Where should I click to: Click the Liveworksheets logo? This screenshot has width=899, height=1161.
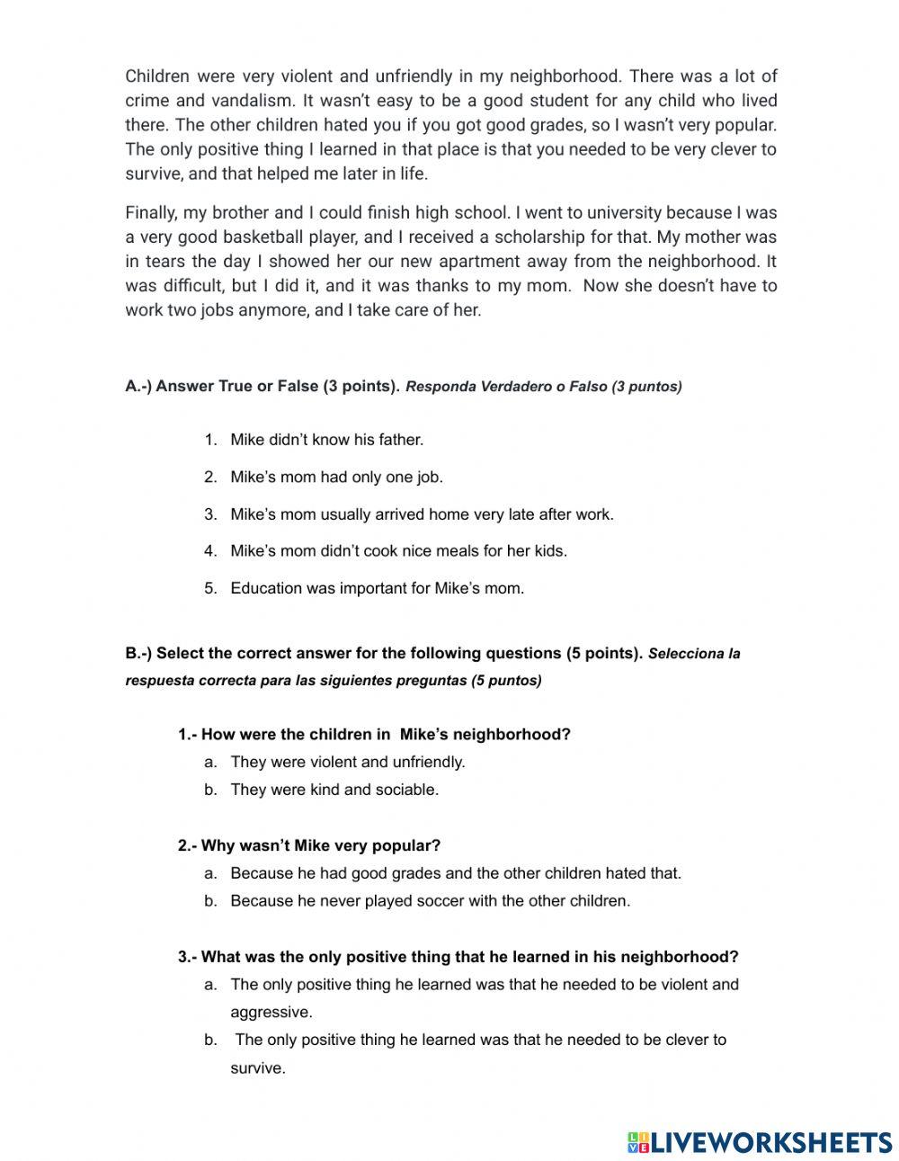pos(760,1142)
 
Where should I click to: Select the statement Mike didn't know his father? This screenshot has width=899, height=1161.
pos(326,440)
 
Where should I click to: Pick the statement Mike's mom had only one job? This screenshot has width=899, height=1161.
pos(336,478)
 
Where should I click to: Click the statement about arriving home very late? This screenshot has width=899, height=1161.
pos(422,514)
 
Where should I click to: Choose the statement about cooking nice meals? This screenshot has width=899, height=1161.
pos(398,550)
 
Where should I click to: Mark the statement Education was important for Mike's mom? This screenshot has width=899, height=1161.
pos(377,588)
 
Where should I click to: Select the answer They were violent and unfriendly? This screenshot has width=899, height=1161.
pos(347,762)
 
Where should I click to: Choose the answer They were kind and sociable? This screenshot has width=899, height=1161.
pos(334,790)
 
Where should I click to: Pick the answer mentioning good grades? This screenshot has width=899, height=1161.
pos(456,872)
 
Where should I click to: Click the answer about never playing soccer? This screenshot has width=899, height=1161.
pos(430,900)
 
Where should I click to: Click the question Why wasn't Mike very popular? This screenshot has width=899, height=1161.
pos(309,845)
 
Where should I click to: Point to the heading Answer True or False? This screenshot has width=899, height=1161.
pos(262,387)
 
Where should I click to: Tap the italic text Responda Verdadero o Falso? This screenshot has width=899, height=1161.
pos(544,387)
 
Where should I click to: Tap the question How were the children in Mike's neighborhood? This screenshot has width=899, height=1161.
pos(374,734)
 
